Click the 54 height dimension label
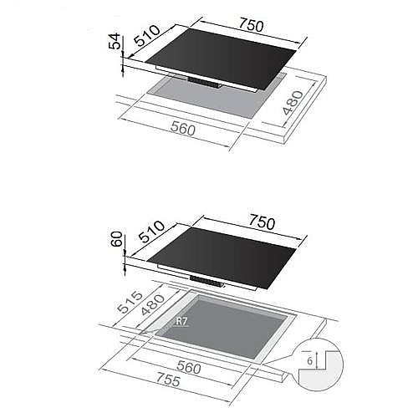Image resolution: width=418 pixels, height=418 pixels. pyautogui.click(x=115, y=41)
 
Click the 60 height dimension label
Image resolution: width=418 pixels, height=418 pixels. pyautogui.click(x=117, y=239)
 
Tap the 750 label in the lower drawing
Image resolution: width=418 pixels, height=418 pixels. pyautogui.click(x=262, y=222)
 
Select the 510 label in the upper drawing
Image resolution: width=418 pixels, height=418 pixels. pyautogui.click(x=147, y=35)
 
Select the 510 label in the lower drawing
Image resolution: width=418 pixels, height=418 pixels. pyautogui.click(x=151, y=232)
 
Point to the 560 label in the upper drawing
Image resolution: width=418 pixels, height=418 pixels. pyautogui.click(x=183, y=129)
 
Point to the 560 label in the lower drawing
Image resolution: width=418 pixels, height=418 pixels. pyautogui.click(x=189, y=367)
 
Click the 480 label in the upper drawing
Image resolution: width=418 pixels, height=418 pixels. pyautogui.click(x=293, y=103)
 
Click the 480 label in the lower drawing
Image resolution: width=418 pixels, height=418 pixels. pyautogui.click(x=153, y=304)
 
